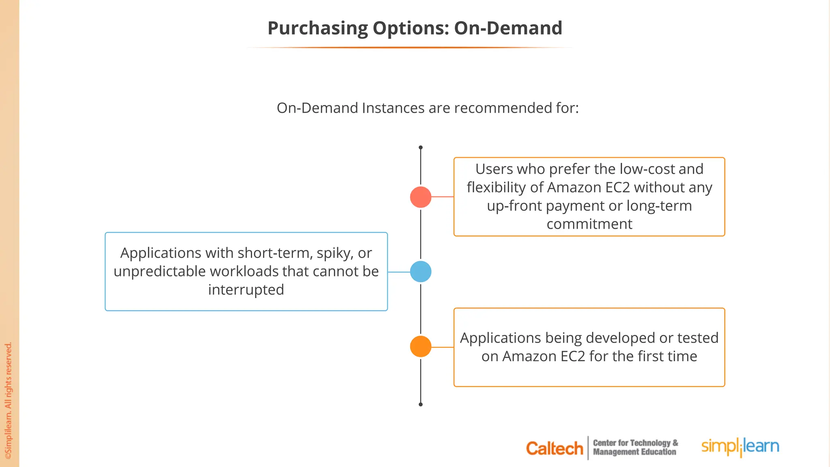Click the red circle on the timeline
coord(421,197)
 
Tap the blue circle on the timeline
coord(421,272)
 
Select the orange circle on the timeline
coord(421,347)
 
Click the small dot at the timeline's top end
coord(421,148)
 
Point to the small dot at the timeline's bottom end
coord(421,404)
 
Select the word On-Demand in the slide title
coord(508,28)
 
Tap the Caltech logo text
coord(554,448)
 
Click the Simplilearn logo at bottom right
coord(740,447)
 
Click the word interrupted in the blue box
coord(246,290)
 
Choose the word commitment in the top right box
coord(589,224)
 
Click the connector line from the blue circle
coord(399,272)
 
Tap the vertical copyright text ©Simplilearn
coord(9,401)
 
